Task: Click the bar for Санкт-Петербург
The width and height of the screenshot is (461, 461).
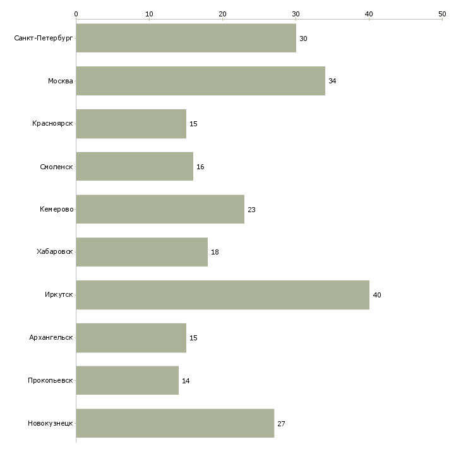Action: tap(186, 38)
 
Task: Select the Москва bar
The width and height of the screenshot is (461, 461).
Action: tap(201, 81)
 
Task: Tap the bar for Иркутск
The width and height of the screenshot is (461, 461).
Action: tap(222, 295)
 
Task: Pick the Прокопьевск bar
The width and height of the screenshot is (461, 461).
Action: tap(128, 380)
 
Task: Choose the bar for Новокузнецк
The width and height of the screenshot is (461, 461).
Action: tap(175, 423)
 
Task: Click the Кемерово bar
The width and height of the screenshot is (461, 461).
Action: tap(160, 209)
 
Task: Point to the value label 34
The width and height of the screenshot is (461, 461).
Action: tap(332, 81)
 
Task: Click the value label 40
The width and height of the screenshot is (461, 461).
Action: tap(377, 295)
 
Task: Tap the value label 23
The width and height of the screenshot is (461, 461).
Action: tap(252, 210)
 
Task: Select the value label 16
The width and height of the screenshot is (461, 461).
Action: tap(200, 167)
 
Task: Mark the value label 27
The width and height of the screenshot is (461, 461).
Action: tap(282, 424)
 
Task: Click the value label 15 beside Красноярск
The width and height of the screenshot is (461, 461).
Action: tap(193, 124)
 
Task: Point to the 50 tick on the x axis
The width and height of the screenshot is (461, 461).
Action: tap(442, 14)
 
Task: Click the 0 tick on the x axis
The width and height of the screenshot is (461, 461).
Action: tap(76, 14)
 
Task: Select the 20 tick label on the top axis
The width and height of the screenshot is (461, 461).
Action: tap(222, 14)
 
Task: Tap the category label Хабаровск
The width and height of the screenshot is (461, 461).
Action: tap(55, 252)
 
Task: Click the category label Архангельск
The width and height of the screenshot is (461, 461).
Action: tap(51, 337)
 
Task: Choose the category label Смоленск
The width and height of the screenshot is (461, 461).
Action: tap(56, 167)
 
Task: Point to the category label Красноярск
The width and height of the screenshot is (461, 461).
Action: tap(52, 124)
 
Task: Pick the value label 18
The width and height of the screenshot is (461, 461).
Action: tap(215, 252)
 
